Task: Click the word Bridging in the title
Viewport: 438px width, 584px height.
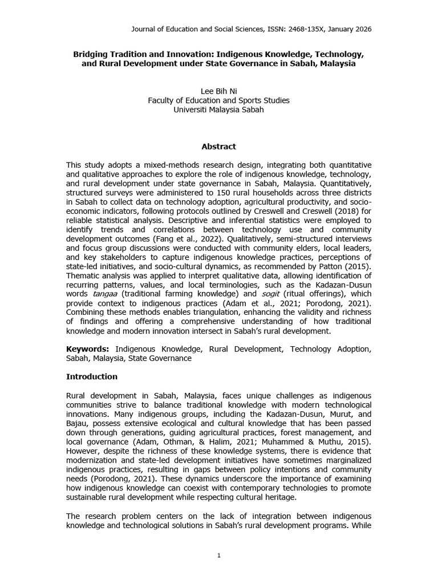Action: point(91,54)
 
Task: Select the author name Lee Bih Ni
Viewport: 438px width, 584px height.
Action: point(219,91)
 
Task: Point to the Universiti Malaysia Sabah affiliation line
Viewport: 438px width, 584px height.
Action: point(219,110)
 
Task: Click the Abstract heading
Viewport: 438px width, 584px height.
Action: point(219,147)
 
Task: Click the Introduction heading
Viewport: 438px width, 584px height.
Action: point(92,377)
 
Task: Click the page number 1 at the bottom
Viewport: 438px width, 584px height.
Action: point(219,556)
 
